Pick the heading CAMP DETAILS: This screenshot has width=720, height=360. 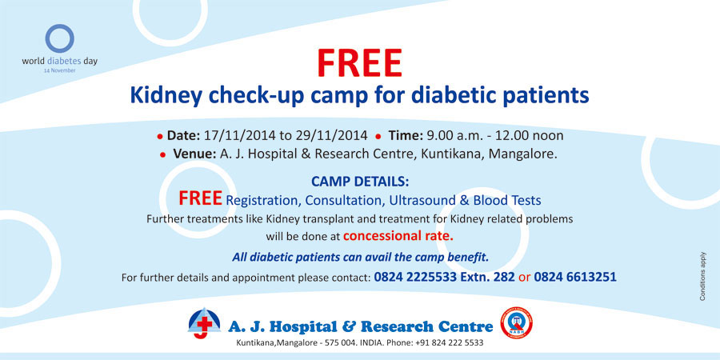(359, 182)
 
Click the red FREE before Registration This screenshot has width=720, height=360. (200, 198)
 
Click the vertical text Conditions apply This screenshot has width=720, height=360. (702, 276)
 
